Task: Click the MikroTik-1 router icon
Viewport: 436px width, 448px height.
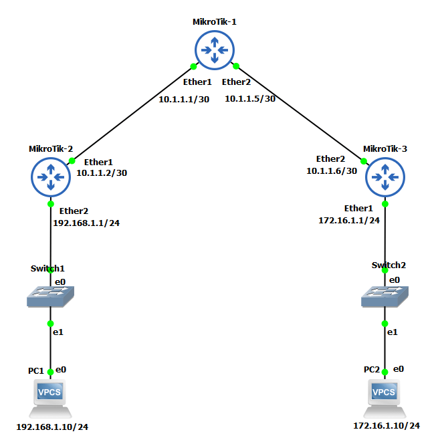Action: pyautogui.click(x=215, y=50)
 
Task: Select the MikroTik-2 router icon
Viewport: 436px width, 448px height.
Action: pyautogui.click(x=51, y=177)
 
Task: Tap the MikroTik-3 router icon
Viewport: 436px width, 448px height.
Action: pyautogui.click(x=385, y=177)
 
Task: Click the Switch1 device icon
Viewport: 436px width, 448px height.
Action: pyautogui.click(x=50, y=297)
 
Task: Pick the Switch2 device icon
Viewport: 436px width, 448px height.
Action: pyautogui.click(x=385, y=297)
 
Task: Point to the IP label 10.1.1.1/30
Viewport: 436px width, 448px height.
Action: pyautogui.click(x=184, y=100)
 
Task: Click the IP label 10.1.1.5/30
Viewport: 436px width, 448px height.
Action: pyautogui.click(x=250, y=99)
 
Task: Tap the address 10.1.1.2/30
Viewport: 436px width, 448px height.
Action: pyautogui.click(x=102, y=173)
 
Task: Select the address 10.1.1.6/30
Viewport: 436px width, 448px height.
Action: pyautogui.click(x=332, y=171)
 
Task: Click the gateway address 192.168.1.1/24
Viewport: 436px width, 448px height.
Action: pyautogui.click(x=86, y=223)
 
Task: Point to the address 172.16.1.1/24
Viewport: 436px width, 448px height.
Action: pyautogui.click(x=349, y=220)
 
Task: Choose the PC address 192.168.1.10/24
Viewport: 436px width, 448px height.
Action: pyautogui.click(x=52, y=427)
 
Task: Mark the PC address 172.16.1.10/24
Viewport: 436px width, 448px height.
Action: pyautogui.click(x=387, y=426)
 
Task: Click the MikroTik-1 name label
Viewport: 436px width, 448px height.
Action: pyautogui.click(x=215, y=22)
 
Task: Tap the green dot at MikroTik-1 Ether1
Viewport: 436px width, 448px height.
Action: pyautogui.click(x=193, y=67)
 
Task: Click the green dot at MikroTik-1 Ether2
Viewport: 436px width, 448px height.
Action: pyautogui.click(x=236, y=67)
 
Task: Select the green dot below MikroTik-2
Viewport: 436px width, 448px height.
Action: pyautogui.click(x=51, y=204)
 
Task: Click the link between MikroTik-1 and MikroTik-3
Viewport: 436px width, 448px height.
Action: pyautogui.click(x=300, y=114)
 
